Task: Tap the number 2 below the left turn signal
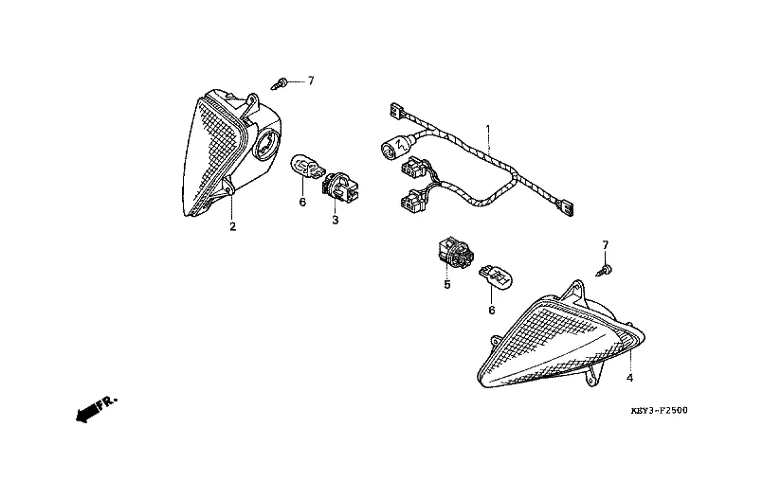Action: pos(231,226)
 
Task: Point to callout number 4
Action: pos(628,377)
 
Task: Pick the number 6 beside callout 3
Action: pos(302,201)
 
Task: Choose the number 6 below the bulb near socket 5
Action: pos(492,310)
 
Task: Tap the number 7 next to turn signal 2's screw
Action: pos(309,81)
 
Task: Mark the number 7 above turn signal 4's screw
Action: pos(605,245)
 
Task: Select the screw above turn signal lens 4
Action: pos(604,271)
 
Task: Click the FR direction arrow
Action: pos(93,409)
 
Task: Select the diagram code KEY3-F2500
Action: pos(659,412)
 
